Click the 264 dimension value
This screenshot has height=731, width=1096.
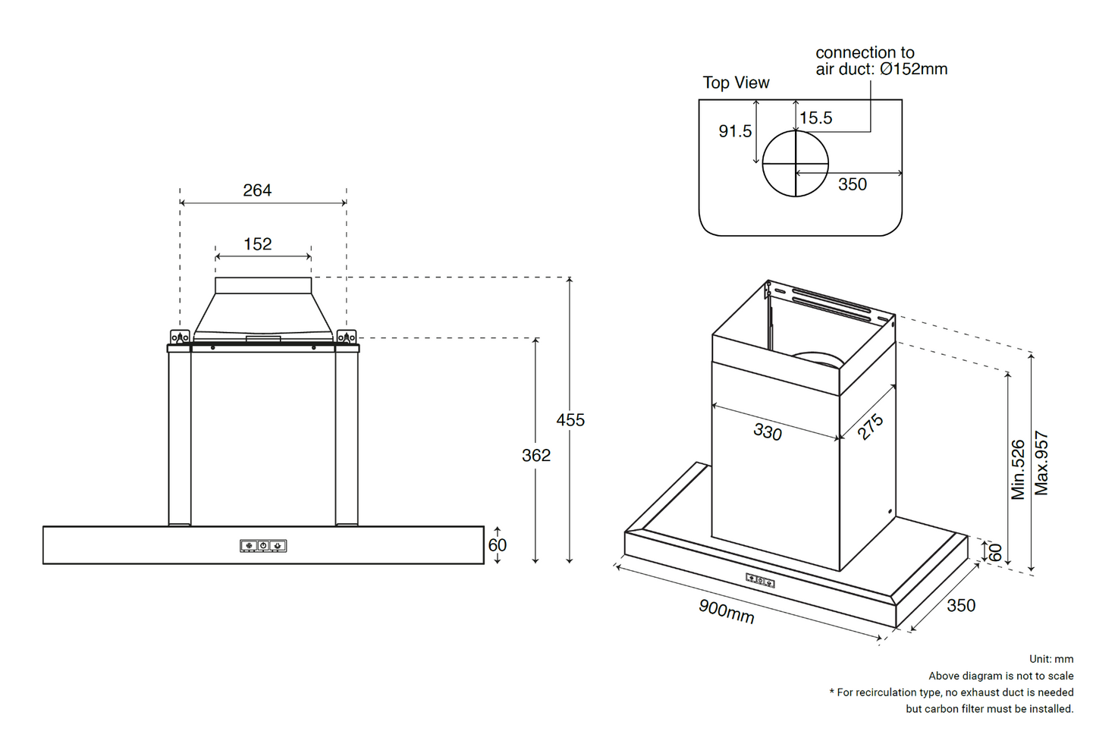[257, 190]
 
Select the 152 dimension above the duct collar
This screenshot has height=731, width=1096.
[258, 244]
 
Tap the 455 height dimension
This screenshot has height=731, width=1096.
[570, 420]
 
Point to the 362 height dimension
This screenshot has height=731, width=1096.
[536, 455]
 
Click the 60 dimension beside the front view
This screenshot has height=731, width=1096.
[498, 545]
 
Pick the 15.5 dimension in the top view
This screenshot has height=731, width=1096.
[816, 118]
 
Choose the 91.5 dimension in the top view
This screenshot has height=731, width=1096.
[735, 131]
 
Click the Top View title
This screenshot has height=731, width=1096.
[736, 83]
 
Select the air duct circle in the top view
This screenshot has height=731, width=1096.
[795, 164]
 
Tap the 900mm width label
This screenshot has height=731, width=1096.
[727, 611]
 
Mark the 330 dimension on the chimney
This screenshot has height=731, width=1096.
[768, 431]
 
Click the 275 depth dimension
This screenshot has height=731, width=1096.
[871, 426]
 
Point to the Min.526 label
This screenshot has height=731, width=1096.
[1018, 469]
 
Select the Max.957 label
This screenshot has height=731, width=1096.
[1042, 463]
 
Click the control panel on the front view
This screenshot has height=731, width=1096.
[263, 545]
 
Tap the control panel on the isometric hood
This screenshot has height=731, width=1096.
[760, 580]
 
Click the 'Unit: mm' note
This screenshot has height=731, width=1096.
[1051, 659]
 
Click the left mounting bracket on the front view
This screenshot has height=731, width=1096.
[180, 337]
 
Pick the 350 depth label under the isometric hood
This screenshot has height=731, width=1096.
[961, 606]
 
